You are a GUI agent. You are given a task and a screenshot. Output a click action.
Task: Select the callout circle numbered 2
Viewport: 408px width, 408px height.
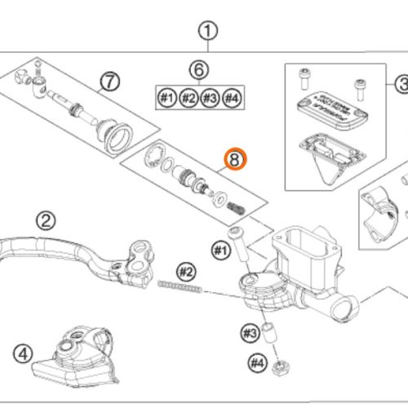[46, 220]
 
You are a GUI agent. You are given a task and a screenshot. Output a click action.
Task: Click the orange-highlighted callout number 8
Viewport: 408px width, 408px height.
[235, 161]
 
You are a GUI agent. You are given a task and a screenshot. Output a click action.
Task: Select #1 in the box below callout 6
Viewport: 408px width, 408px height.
[166, 98]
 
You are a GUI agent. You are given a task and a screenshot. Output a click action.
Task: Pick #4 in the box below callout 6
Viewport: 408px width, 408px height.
[232, 98]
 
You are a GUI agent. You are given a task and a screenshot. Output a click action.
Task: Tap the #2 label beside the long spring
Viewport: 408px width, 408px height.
[187, 271]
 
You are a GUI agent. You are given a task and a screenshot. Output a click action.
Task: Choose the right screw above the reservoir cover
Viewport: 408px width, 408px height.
[357, 84]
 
